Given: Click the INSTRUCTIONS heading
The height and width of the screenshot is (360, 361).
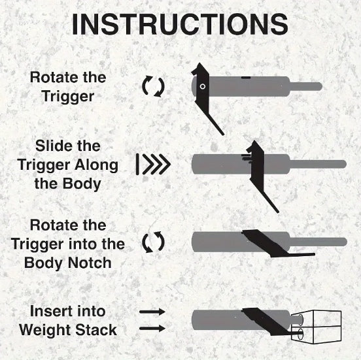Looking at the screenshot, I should [180, 24].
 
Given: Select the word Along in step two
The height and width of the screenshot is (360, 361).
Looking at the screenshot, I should [97, 165].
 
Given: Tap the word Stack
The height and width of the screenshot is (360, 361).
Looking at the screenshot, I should [96, 329].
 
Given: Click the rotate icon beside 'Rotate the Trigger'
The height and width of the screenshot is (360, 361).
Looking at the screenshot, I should [153, 86].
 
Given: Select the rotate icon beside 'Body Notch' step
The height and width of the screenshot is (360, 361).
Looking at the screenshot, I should [153, 243].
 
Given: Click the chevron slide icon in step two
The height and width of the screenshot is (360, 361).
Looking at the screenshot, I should [154, 165].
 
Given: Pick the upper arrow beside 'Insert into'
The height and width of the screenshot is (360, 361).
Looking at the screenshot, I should [152, 312].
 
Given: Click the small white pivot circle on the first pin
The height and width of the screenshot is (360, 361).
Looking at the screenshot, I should [203, 86].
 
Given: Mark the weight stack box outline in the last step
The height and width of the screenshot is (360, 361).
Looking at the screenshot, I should [320, 327].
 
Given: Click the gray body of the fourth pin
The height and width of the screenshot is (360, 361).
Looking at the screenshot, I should [216, 321].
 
